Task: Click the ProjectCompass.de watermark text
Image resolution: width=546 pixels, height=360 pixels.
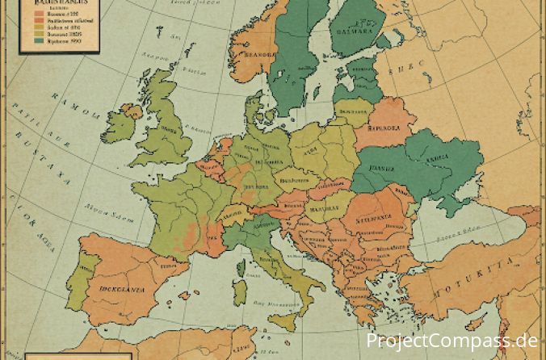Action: pyautogui.click(x=451, y=341)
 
